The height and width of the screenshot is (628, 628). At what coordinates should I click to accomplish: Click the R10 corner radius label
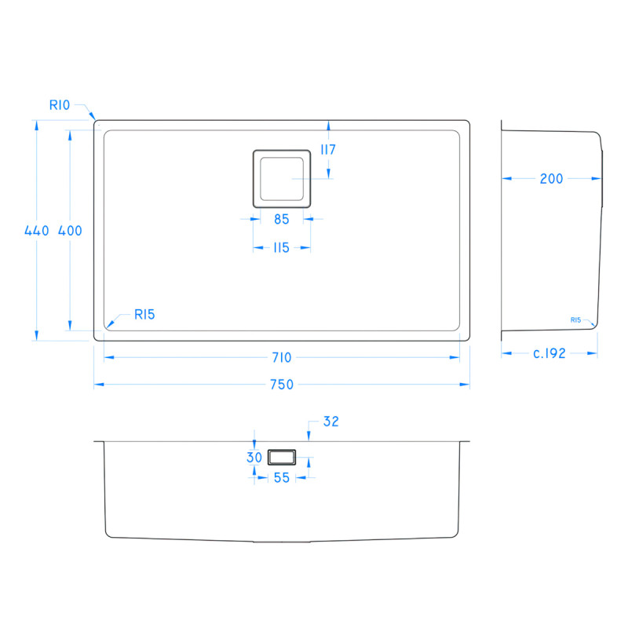click(x=60, y=104)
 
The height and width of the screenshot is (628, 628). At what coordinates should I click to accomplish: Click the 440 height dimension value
click(x=37, y=231)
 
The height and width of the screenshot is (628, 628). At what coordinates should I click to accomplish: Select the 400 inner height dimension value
click(x=70, y=231)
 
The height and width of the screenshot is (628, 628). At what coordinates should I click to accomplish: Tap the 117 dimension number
click(x=328, y=150)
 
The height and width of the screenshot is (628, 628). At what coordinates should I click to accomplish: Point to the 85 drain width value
click(x=281, y=220)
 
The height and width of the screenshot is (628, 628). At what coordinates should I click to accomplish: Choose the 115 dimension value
click(x=281, y=248)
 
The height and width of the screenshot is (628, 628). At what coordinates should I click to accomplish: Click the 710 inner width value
click(x=281, y=358)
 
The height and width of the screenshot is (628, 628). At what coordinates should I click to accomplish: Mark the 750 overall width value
click(x=281, y=385)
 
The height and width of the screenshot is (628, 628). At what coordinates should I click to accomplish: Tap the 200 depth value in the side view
click(x=551, y=179)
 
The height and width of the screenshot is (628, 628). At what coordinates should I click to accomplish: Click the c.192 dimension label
click(x=549, y=353)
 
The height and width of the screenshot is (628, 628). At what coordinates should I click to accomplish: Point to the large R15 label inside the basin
click(x=144, y=315)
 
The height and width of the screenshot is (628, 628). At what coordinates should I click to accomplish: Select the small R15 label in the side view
click(x=575, y=320)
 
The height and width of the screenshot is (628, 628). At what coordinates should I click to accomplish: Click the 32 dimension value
click(x=330, y=422)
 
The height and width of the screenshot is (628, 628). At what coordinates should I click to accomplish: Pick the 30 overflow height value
click(x=254, y=458)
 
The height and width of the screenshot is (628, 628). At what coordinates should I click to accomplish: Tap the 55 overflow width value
click(x=281, y=476)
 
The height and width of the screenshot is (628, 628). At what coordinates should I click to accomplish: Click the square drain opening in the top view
click(x=282, y=178)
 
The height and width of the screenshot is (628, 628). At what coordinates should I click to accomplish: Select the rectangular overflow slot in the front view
click(x=281, y=456)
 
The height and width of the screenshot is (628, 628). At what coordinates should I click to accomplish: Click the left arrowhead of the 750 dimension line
click(x=97, y=385)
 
